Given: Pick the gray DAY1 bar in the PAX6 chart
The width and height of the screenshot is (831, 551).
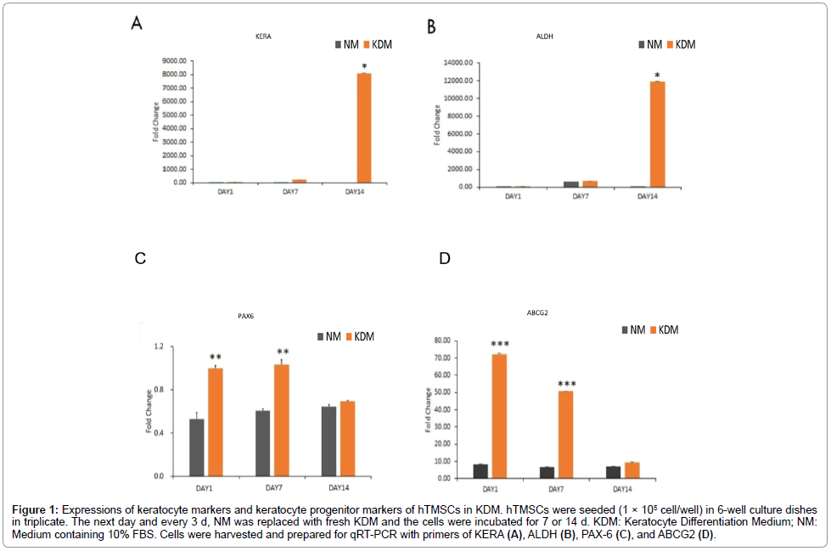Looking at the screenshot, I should (197, 447).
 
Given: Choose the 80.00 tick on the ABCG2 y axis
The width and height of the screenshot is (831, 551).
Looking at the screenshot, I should (438, 340).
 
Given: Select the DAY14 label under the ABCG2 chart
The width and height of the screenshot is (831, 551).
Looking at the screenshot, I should (622, 490).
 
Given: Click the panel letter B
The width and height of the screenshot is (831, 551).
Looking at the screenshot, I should (431, 26).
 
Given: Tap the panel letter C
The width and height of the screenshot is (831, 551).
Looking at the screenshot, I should (141, 258).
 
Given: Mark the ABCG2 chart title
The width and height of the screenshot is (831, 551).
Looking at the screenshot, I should (536, 312).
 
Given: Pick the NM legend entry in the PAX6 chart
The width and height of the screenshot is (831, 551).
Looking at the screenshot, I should (329, 337).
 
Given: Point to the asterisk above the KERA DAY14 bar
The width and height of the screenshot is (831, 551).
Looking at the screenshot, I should (363, 66).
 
